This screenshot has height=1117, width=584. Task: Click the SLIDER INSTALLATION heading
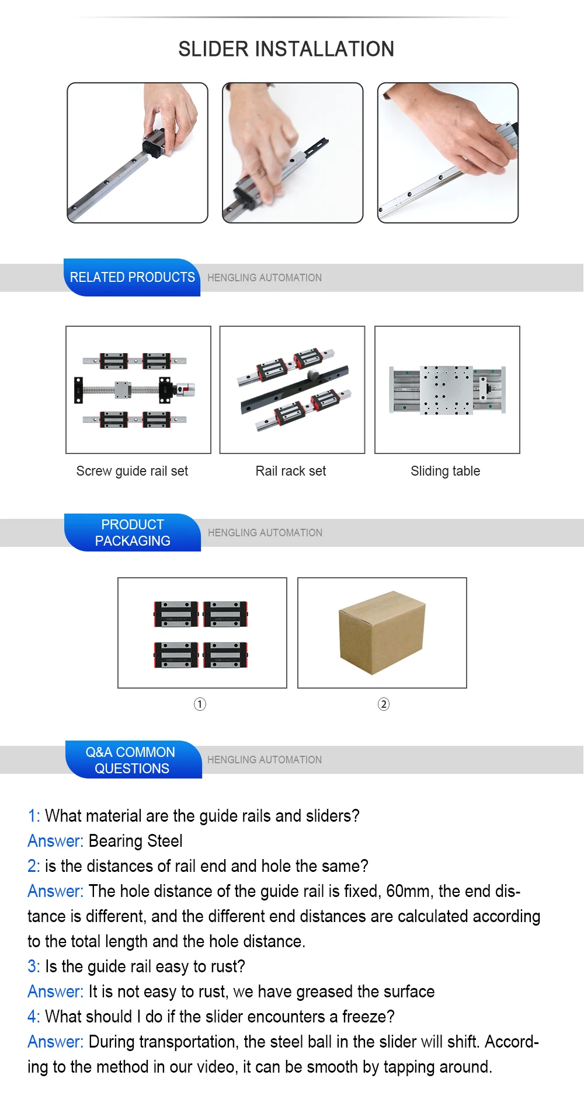[286, 49]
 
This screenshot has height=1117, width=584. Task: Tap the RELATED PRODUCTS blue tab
[132, 277]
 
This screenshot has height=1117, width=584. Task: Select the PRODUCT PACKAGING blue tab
[133, 532]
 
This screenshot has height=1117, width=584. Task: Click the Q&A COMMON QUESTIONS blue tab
[132, 760]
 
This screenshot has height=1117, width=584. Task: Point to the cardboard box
[382, 631]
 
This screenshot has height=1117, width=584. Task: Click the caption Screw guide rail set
[132, 471]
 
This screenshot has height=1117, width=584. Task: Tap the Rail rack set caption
[291, 471]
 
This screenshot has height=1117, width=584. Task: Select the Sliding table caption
[445, 471]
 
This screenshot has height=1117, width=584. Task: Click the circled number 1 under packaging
[200, 704]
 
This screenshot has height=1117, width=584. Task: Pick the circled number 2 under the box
[383, 704]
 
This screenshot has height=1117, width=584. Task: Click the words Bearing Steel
[135, 841]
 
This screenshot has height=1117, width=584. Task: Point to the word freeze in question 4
[365, 1017]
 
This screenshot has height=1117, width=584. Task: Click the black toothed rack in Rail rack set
[295, 388]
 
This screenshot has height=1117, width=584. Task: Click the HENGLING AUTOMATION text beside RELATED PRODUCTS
[265, 278]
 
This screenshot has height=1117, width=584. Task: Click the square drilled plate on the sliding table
[447, 390]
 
